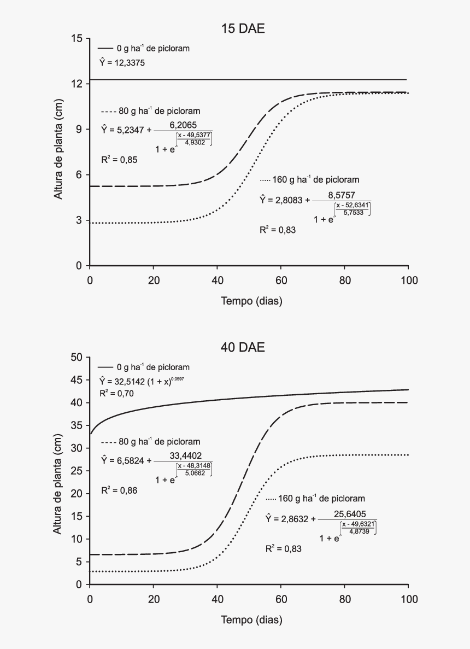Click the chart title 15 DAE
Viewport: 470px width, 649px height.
point(243,29)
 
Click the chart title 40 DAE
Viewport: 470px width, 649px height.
point(243,347)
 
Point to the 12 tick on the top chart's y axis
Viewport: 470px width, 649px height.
point(77,84)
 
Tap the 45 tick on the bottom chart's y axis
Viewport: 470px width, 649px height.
point(77,380)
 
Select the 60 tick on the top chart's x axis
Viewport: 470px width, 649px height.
point(281,280)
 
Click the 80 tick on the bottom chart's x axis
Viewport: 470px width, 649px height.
point(344,599)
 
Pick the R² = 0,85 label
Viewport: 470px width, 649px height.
point(119,160)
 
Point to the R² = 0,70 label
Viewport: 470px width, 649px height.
point(116,393)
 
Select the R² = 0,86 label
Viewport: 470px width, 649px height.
point(119,490)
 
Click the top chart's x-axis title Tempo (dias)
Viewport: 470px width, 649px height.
point(251,301)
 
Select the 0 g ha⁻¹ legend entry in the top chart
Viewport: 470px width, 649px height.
point(144,48)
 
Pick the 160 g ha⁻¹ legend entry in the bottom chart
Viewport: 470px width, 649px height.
point(315,499)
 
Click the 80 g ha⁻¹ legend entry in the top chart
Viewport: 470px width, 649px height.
point(151,111)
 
